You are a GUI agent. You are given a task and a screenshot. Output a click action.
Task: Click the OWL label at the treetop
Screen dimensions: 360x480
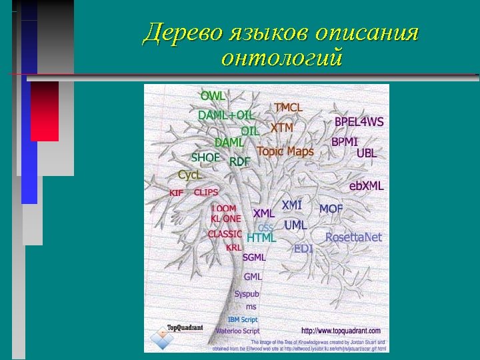213,96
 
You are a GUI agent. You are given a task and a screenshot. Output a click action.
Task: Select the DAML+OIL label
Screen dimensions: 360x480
225,115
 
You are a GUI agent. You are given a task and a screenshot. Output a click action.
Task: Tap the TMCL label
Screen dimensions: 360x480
288,107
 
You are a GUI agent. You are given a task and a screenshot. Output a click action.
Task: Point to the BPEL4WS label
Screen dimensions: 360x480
359,122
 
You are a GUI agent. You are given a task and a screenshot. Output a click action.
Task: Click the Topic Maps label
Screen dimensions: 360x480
285,151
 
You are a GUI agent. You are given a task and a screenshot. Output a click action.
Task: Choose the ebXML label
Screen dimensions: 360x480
366,186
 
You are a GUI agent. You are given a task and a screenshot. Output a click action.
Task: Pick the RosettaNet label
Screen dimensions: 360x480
353,237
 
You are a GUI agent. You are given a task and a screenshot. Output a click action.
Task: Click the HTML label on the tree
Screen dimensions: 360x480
261,237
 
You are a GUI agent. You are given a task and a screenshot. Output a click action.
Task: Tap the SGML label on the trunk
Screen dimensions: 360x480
254,257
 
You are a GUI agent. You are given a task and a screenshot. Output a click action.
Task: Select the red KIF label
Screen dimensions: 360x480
176,193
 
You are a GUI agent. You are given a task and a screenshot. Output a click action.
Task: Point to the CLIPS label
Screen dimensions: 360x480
206,192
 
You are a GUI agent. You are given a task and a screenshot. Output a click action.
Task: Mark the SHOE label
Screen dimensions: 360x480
205,158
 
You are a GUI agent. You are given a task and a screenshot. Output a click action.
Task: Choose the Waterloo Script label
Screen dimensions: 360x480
237,331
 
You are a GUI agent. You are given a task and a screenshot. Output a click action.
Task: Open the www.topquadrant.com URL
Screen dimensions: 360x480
341,331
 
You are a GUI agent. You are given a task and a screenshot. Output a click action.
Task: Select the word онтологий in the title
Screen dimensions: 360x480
281,59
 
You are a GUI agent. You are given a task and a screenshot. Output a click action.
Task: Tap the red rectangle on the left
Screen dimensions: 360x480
45,111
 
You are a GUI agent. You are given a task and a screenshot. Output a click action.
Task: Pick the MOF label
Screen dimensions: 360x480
331,209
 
